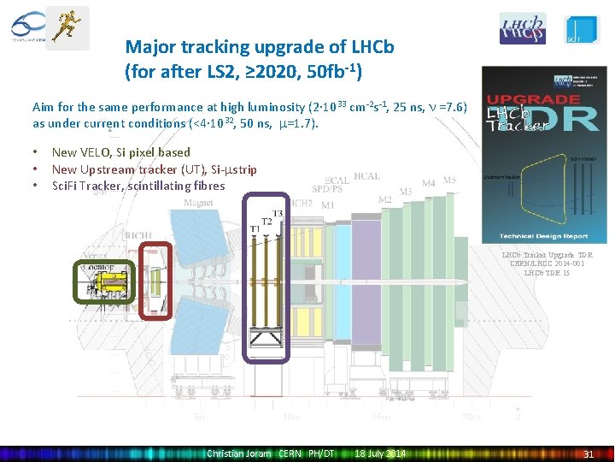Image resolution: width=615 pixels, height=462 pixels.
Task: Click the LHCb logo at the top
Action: (522, 28)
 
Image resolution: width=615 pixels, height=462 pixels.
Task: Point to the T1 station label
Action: (255, 229)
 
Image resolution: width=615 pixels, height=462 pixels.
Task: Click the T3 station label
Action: (277, 213)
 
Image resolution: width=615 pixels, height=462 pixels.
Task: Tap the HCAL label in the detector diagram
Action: (366, 177)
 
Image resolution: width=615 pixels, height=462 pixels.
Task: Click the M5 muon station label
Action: (449, 181)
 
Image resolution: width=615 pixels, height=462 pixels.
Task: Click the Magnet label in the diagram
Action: (199, 203)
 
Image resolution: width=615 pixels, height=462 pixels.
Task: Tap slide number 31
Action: (589, 453)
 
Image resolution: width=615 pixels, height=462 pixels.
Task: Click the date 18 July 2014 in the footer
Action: (380, 453)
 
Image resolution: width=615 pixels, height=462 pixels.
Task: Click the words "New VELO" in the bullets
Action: (79, 152)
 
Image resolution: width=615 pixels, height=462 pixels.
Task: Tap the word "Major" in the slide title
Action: (148, 47)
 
